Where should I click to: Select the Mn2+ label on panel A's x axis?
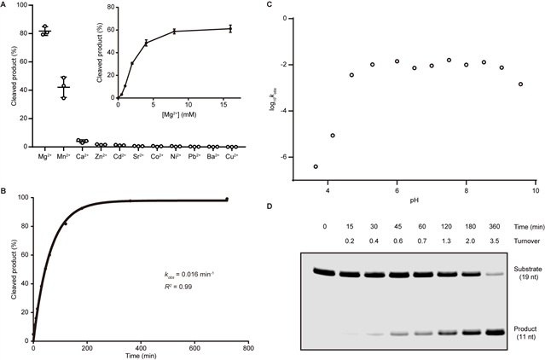tap(63, 156)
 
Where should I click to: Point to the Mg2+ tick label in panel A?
tap(45, 156)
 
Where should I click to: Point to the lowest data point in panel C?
tap(316, 166)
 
